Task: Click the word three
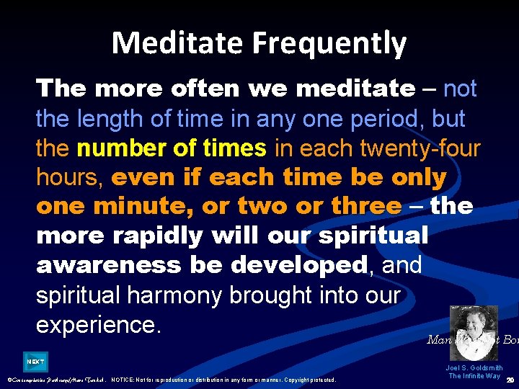point(365,207)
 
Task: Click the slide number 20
point(510,380)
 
